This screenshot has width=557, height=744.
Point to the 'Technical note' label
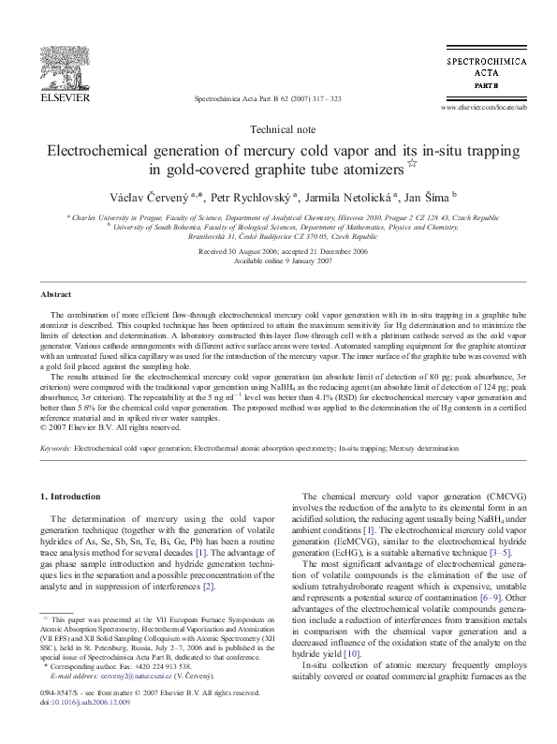tap(278, 129)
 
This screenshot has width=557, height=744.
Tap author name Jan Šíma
tap(426, 196)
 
